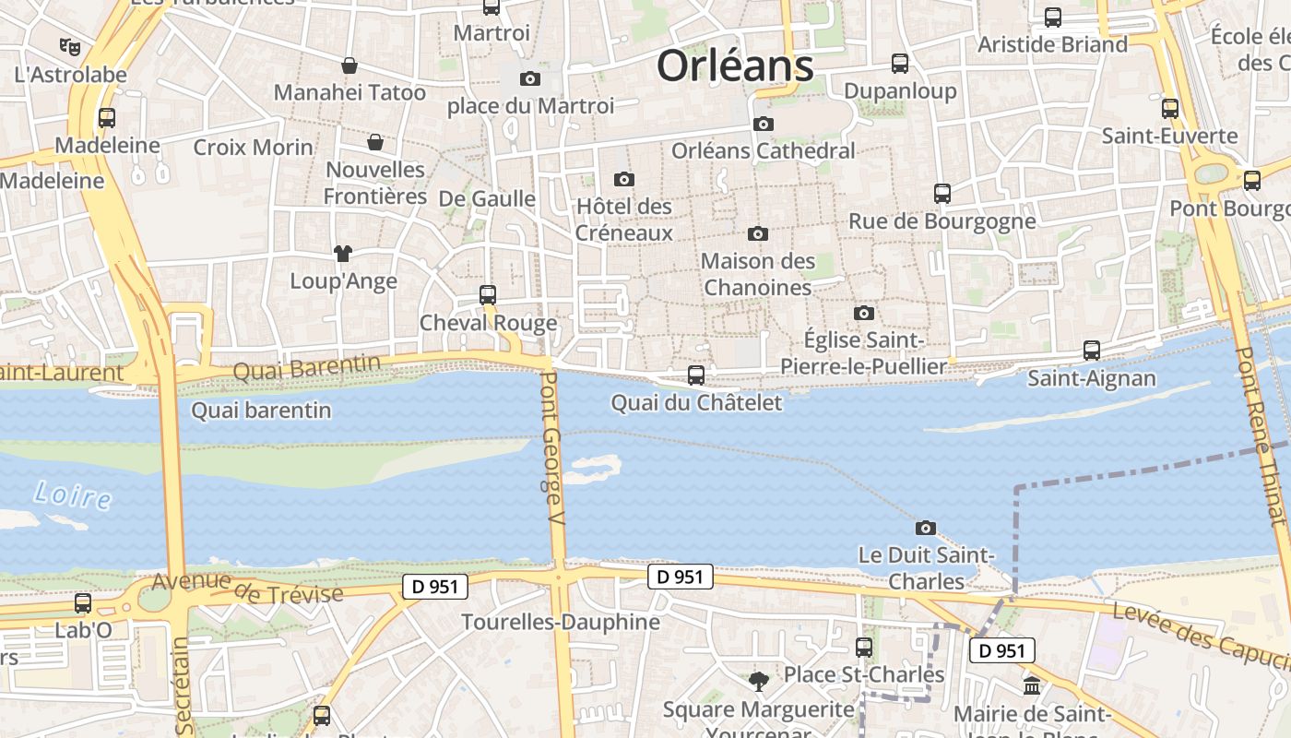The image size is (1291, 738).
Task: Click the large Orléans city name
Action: pos(735,66)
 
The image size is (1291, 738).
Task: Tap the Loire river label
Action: pos(72,495)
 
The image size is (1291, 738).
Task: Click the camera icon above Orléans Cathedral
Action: pos(763,124)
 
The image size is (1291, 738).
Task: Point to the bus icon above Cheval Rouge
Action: pos(488,295)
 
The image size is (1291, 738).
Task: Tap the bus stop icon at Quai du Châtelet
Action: pos(696,375)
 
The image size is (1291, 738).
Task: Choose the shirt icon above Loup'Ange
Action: pos(343,254)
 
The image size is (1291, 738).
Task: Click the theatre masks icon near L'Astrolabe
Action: pos(70,45)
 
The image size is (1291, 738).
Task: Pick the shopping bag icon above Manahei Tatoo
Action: pos(349,65)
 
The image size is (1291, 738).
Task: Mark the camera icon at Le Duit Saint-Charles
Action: pos(926,528)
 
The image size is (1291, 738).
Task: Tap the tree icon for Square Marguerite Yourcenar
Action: pos(759,682)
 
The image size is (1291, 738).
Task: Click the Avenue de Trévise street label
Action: pos(247,588)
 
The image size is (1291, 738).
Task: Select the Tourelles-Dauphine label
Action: pos(561,622)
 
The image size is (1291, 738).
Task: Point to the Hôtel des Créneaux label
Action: pos(624,220)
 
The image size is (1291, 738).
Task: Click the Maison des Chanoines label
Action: pos(758,274)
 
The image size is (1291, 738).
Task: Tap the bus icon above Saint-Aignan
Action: pos(1092,351)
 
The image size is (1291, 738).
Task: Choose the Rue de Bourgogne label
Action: pos(942,221)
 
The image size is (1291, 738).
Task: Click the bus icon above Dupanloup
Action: pos(900,64)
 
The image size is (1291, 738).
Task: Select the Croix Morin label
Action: pos(253,148)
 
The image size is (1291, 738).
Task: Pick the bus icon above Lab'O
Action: pos(83,603)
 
